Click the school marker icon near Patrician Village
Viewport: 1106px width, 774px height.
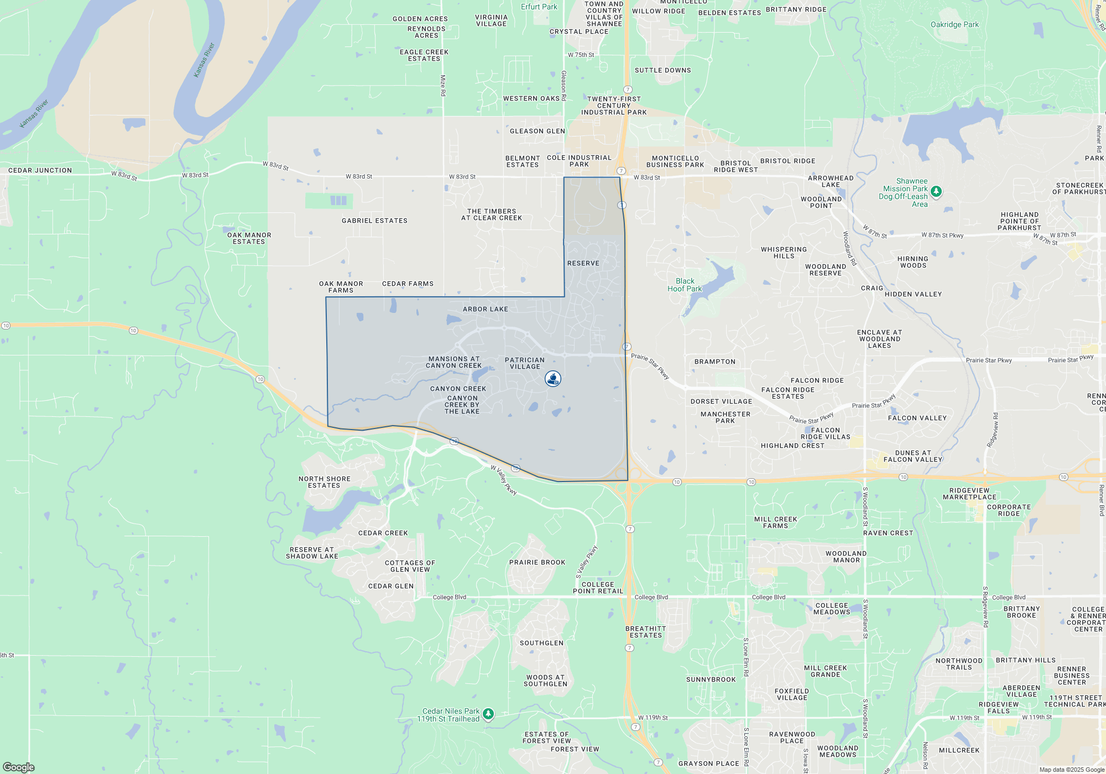pos(553,379)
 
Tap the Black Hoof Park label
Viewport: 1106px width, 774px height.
pos(685,285)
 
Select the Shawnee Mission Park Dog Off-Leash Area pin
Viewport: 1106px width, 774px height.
pos(936,192)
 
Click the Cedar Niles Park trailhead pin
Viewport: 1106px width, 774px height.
pos(488,714)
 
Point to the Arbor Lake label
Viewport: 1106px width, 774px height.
pos(485,309)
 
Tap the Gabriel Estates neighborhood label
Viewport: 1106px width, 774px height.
pos(374,221)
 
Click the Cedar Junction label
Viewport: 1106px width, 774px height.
pos(40,170)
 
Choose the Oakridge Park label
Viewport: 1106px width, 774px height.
pos(954,24)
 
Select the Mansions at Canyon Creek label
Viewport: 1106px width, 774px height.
pos(453,362)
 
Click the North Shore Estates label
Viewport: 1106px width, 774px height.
pos(324,482)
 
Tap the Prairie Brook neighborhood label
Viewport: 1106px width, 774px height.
pos(537,562)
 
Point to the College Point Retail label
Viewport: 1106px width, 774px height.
pos(598,588)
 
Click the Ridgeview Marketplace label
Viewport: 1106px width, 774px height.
pos(969,493)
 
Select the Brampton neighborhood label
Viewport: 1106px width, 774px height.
pos(715,362)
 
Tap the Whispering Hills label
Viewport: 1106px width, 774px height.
pos(784,253)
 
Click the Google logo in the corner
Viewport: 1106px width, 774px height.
pos(19,767)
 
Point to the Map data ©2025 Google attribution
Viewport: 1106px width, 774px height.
pos(1071,770)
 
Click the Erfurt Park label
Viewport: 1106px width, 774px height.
pos(539,7)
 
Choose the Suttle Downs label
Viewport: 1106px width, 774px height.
pos(662,70)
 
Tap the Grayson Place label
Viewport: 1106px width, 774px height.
pos(708,763)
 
